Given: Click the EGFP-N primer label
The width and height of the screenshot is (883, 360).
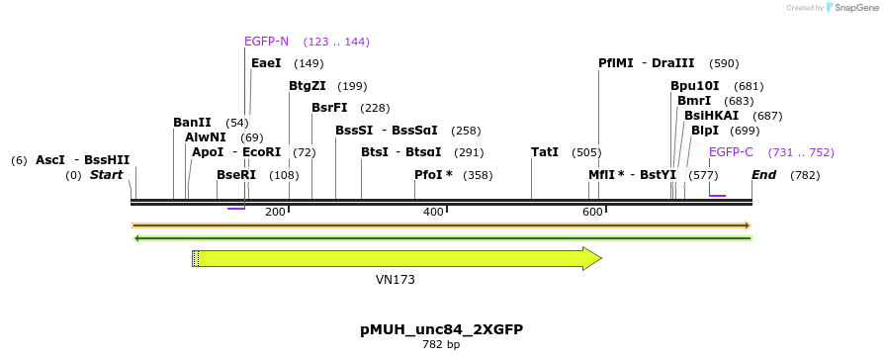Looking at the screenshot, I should click(x=267, y=42).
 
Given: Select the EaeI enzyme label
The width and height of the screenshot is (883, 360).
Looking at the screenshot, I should click(x=266, y=63).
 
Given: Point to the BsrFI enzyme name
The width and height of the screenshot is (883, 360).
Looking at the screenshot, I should click(x=329, y=108).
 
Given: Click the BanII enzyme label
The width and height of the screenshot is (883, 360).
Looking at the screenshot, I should click(x=192, y=123).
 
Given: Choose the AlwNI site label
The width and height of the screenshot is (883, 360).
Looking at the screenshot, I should click(x=205, y=137).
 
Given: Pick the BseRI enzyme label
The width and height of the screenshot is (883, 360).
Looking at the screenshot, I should click(x=236, y=175).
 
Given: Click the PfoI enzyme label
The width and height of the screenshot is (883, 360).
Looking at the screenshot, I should click(x=429, y=175).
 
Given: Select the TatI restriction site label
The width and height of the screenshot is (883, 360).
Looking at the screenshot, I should click(x=545, y=152).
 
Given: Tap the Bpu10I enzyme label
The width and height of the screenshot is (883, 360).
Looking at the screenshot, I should click(x=695, y=86).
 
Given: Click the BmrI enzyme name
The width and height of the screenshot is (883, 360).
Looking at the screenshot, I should click(x=694, y=101).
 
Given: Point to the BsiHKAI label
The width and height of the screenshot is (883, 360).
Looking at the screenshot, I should click(x=711, y=116).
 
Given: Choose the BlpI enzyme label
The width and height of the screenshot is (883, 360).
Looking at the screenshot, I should click(x=705, y=131).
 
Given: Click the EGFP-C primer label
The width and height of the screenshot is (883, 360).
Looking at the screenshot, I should click(x=731, y=152).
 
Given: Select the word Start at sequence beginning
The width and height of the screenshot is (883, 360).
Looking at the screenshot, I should click(x=107, y=175).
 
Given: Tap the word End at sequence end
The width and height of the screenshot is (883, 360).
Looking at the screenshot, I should click(x=763, y=175).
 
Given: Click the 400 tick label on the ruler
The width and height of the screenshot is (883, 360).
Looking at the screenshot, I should click(x=433, y=213).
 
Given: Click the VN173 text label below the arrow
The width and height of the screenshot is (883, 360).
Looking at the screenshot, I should click(x=396, y=280).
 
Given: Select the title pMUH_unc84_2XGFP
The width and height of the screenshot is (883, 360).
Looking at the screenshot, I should click(x=441, y=328).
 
